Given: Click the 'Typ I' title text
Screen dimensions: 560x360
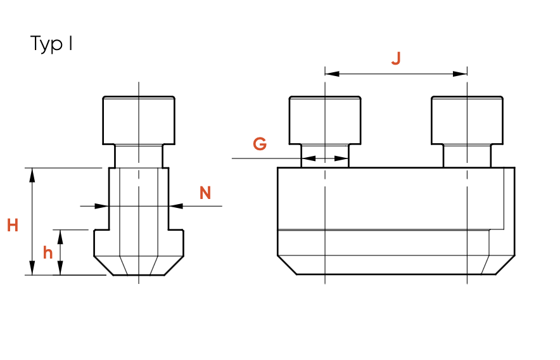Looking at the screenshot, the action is point(51,44).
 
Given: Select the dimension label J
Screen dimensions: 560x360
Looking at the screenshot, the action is point(396,58).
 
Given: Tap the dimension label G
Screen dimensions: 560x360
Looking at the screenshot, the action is point(260,144).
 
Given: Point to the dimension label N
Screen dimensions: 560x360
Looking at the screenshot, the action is point(205,193).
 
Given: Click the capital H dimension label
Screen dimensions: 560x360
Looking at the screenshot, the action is point(13,226).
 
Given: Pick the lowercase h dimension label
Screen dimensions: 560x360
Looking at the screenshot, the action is point(48,253).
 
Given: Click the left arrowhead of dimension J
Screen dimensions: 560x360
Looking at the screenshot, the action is point(332,74).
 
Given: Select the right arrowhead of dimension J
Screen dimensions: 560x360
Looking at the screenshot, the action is point(460,74).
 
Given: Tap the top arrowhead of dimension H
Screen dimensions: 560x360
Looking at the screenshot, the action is point(32,175).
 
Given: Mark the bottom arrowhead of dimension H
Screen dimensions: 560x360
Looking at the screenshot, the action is point(32,268).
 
